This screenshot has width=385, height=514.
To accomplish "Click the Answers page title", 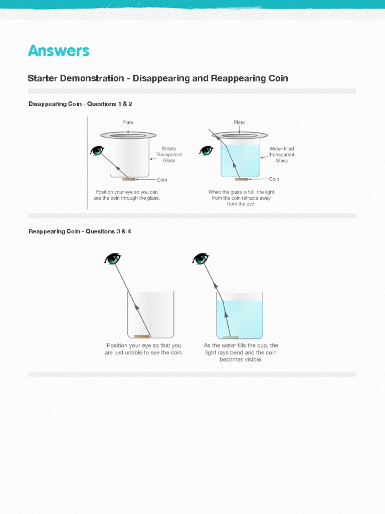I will pos(59,51).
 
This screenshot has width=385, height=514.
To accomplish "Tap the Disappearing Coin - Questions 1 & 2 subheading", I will pos(80,104).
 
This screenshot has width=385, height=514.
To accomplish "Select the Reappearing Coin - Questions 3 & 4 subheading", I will pos(80,231).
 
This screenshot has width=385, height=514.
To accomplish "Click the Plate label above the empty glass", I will pos(128,122).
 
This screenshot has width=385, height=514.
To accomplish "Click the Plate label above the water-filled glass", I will pos(239,122).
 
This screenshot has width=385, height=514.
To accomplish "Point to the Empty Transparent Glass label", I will pos(169,155).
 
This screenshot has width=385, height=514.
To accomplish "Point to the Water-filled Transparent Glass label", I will pos(281,155).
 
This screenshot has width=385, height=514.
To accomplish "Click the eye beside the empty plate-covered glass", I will pos(97,151).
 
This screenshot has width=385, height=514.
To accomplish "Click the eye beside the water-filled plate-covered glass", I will pos(206,151).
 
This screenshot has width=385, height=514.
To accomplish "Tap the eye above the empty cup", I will pos(113,259).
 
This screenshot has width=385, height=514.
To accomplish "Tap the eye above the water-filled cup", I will pos(201,259).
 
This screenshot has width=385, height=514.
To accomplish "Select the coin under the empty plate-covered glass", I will pos(129,179).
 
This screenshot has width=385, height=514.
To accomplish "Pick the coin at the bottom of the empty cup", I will pos(141,336).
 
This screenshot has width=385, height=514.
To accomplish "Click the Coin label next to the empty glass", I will pos(162,180).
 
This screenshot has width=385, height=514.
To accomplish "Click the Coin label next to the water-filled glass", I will pos(274,179).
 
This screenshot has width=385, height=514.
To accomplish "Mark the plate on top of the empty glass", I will pos(128,135).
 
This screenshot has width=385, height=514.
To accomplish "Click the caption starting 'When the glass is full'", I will pos(241,198).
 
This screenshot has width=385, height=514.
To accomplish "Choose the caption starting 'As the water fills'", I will pos(241,352).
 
